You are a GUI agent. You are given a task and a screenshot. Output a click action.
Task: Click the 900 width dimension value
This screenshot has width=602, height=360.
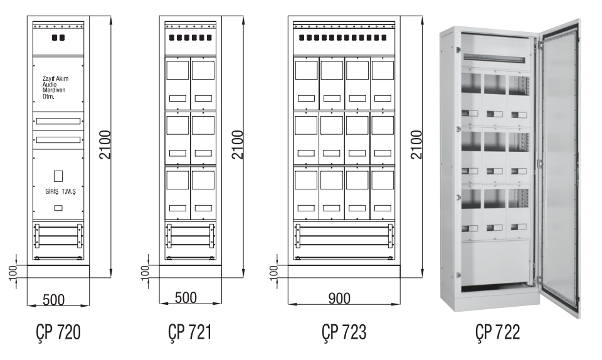339,297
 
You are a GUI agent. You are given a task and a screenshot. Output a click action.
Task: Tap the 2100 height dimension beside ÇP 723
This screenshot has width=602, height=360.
416,145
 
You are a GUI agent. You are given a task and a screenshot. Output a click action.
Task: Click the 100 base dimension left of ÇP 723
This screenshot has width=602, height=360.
274,272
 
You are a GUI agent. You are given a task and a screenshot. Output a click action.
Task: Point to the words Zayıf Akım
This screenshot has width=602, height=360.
55,78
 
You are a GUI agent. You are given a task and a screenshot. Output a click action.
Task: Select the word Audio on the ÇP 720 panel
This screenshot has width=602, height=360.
50,85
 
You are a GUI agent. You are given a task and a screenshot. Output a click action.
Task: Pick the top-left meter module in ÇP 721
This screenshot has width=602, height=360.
177,83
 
